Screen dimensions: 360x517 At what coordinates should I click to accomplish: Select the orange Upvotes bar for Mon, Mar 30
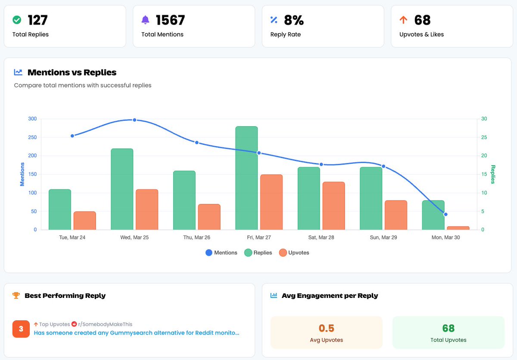click(x=458, y=228)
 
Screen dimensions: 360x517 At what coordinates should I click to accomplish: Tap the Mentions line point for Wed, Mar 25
click(x=134, y=120)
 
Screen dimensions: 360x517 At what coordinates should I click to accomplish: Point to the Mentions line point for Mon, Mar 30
click(x=445, y=214)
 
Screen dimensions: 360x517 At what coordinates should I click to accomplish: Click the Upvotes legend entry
click(x=294, y=253)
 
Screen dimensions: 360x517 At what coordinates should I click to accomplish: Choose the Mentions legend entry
click(x=221, y=253)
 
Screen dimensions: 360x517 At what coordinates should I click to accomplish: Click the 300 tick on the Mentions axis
click(x=32, y=119)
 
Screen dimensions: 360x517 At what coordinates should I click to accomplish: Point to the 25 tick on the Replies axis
click(x=484, y=138)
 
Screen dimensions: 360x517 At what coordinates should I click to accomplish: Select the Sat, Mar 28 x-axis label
click(x=321, y=238)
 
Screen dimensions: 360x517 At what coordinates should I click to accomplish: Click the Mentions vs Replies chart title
click(x=72, y=72)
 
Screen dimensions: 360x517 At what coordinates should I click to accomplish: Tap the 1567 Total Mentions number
click(x=170, y=20)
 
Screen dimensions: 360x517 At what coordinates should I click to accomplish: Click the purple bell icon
click(x=146, y=20)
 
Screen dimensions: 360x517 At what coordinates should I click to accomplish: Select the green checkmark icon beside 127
click(x=17, y=20)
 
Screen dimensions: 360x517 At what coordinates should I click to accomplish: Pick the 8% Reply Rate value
click(x=294, y=20)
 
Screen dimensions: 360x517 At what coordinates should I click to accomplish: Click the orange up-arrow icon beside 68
click(x=403, y=20)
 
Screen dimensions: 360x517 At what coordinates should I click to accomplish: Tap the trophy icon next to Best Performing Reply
click(x=16, y=295)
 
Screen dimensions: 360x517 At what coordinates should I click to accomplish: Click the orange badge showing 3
click(x=21, y=329)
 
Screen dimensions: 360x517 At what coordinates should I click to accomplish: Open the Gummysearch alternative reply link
click(x=136, y=333)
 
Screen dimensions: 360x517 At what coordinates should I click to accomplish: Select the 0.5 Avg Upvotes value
click(x=326, y=328)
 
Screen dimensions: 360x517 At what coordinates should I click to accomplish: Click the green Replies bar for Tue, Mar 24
click(x=60, y=210)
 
